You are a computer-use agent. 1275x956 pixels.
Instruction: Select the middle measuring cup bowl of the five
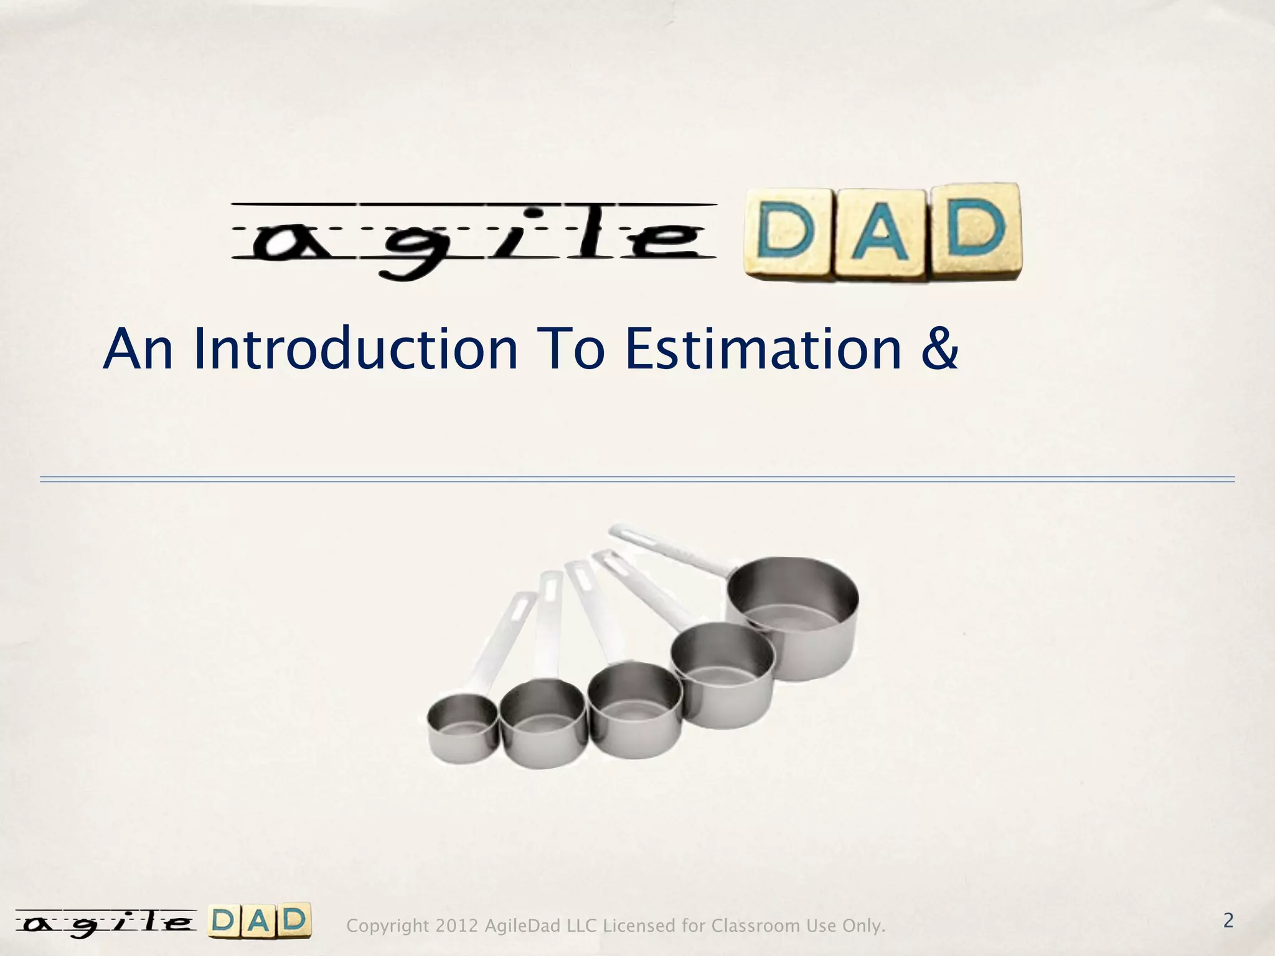click(x=635, y=710)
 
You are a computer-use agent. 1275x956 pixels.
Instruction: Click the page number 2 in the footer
click(x=1228, y=921)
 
